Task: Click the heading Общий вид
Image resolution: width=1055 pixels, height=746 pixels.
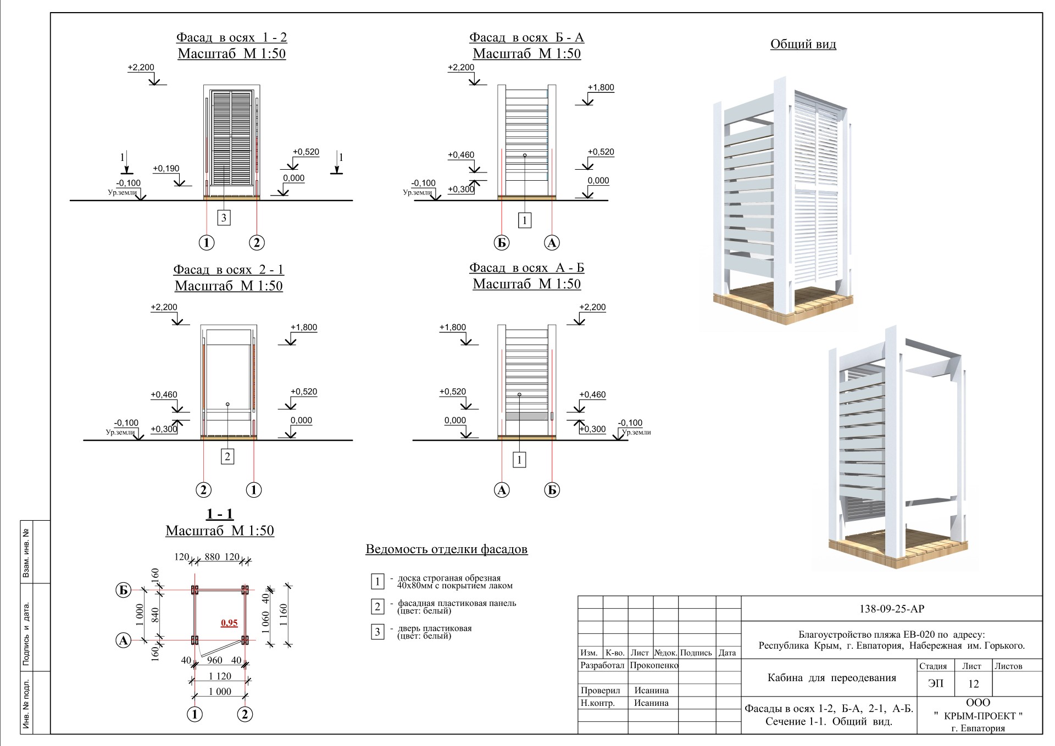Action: pos(803,44)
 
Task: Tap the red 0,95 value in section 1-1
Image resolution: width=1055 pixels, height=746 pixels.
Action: pos(229,623)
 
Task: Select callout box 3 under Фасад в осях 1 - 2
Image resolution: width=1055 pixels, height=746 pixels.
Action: pos(223,218)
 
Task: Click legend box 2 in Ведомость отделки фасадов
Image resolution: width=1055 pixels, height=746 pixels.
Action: pos(377,606)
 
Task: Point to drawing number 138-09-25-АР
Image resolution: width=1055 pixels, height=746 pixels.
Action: pos(891,609)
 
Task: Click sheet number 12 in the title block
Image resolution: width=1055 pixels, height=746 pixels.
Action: pos(973,684)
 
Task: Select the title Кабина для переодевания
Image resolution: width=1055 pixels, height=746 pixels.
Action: pos(831,678)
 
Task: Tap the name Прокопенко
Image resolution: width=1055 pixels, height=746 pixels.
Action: pos(654,665)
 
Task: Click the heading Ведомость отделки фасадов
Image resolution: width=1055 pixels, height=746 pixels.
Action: pos(447,549)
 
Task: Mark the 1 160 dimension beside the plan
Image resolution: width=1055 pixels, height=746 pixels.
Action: pos(284,617)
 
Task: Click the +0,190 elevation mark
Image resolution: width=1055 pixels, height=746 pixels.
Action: pos(166,169)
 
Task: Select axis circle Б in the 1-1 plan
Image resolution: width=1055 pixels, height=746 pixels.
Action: pos(124,591)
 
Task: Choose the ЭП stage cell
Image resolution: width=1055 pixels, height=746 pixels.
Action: pos(935,684)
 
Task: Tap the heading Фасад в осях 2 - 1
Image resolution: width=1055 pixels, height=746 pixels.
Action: pos(229,270)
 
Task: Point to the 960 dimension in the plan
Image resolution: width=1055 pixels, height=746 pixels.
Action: pos(214,660)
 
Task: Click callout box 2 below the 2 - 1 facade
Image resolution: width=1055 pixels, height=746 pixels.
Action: pos(227,456)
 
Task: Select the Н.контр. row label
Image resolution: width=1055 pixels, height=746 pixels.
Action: pos(597,703)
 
